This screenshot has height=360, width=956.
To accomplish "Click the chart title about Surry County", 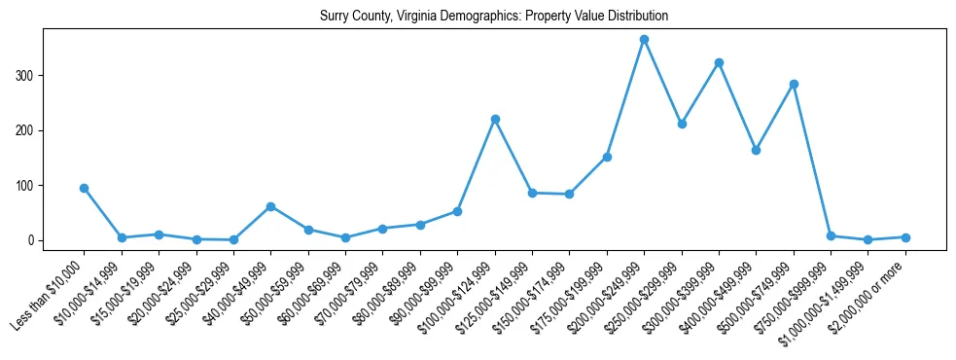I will [493, 17].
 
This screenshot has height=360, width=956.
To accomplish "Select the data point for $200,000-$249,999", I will [644, 39].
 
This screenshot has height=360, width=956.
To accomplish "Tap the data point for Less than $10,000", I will [85, 188].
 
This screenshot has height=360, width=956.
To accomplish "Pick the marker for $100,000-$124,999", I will [495, 119].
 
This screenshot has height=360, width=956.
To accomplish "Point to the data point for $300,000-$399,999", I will [719, 62].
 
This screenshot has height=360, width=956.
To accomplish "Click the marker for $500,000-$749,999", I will [794, 84].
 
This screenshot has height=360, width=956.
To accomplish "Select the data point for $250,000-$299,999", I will [682, 124].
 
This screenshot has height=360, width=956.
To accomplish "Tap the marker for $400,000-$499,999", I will [756, 150].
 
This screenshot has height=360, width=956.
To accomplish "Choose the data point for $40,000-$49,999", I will [270, 206].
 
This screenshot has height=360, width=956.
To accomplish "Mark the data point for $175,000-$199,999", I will [607, 157].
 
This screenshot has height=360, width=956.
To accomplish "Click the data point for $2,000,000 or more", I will [905, 237].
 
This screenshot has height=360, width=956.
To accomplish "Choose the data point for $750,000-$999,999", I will [831, 235].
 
